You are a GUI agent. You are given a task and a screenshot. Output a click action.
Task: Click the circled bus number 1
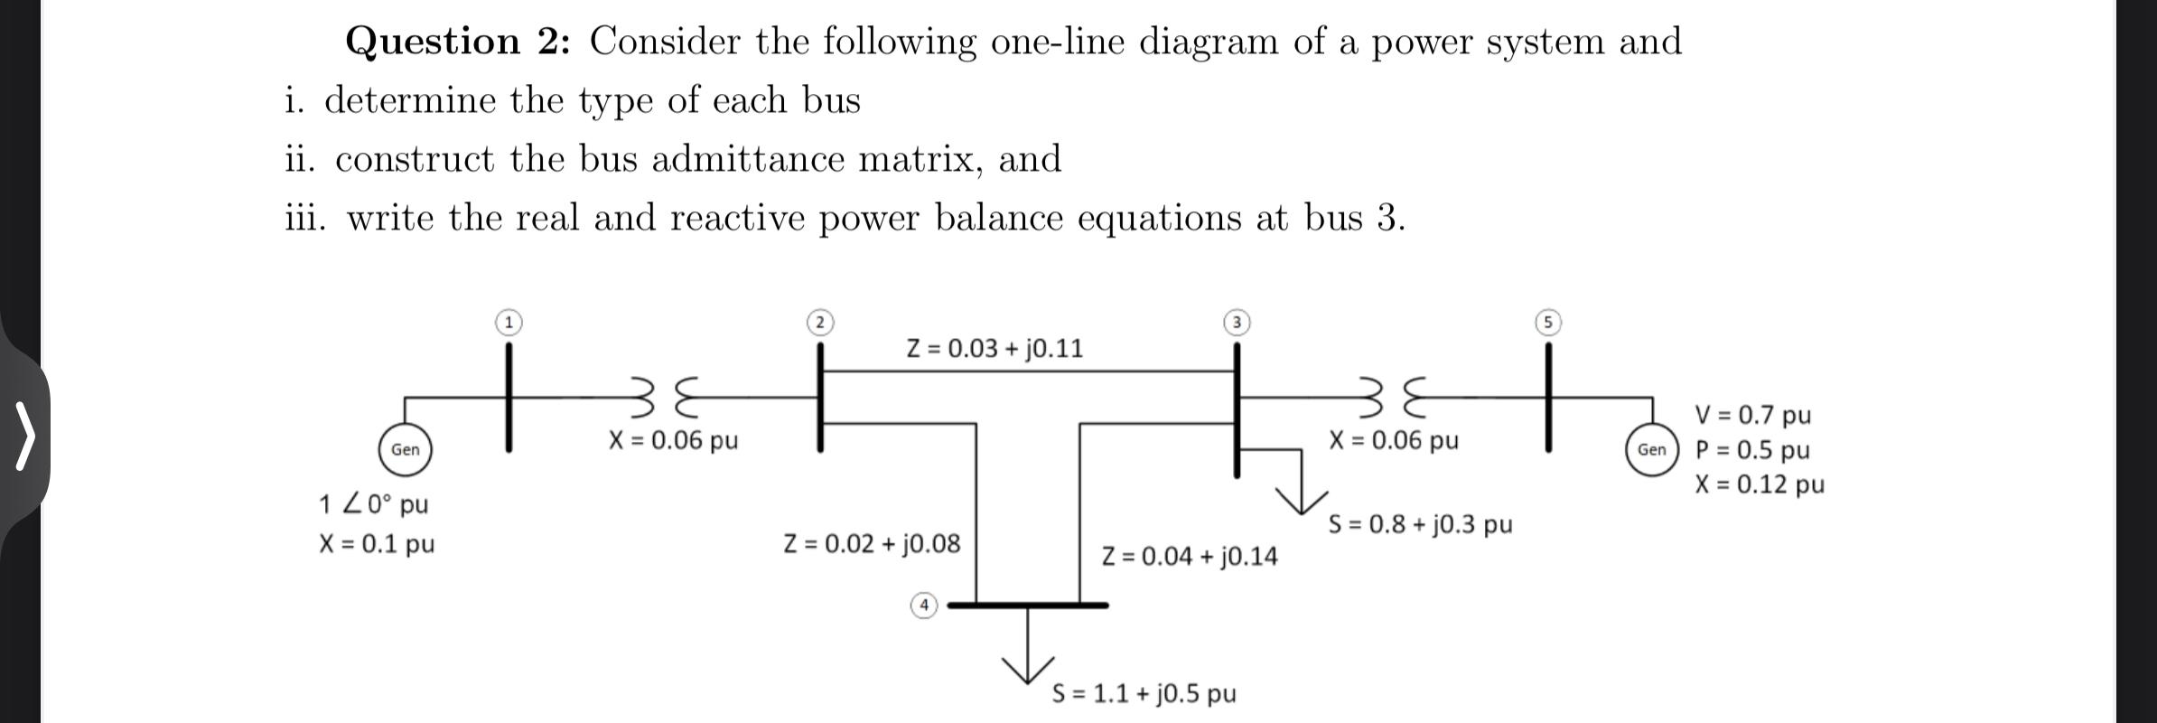pos(509,322)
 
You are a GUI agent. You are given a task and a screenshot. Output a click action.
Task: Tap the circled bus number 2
pos(819,323)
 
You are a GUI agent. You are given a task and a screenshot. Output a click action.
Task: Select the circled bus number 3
pos(1237,323)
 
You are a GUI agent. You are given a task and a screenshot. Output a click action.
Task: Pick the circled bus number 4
pos(923,605)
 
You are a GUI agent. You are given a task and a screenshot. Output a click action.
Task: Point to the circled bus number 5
pos(1548,323)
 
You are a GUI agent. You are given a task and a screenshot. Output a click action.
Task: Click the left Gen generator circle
pos(405,449)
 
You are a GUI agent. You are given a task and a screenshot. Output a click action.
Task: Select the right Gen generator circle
pos(1652,449)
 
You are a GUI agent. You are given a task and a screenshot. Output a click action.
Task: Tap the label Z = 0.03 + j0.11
pos(994,349)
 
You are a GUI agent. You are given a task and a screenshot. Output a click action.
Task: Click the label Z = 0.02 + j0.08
pos(872,543)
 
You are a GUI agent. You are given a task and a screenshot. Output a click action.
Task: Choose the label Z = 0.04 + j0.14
pos(1190,556)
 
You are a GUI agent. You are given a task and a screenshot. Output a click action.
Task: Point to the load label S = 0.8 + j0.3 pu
pos(1420,524)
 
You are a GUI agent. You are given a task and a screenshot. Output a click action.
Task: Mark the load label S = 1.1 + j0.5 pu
pos(1144,693)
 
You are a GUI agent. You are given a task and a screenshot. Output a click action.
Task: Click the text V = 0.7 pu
pos(1752,415)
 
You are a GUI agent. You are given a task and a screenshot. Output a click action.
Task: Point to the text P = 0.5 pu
pos(1752,450)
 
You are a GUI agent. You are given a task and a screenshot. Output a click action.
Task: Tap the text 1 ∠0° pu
pos(374,503)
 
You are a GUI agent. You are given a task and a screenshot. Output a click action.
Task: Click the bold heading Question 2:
pos(458,42)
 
